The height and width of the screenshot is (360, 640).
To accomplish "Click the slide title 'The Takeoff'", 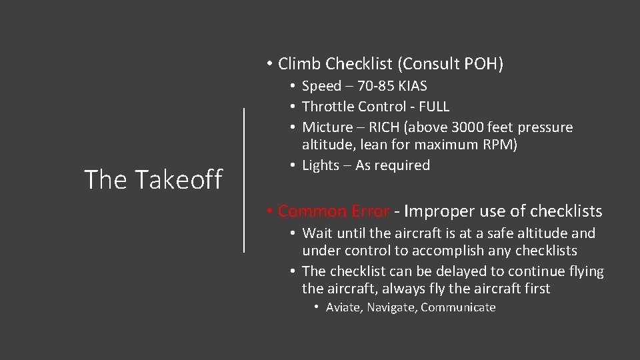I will tap(153, 179).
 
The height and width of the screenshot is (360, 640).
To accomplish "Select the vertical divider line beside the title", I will tap(244, 180).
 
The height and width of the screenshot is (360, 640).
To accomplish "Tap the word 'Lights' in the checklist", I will tap(321, 165).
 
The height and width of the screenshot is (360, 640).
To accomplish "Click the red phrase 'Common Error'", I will tap(333, 211).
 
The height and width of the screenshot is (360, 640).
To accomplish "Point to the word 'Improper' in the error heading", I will tap(435, 211).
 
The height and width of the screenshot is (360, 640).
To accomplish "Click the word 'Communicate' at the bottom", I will tap(459, 307).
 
